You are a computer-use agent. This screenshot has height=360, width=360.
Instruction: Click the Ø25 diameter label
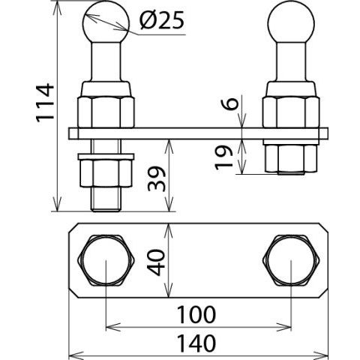point(162,19)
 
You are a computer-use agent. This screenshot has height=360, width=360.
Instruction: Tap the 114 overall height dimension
point(45,103)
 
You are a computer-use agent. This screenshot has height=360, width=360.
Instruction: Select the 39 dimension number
point(157,178)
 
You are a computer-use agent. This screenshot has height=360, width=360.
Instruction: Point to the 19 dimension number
point(224,157)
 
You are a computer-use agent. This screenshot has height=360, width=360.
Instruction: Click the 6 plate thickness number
point(229,103)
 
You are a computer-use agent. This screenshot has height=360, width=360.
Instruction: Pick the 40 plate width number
point(156,262)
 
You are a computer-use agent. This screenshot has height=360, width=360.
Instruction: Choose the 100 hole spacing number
point(196,314)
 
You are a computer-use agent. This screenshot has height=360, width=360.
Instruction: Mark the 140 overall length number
point(196,343)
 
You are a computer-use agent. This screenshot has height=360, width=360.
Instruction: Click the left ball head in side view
point(106,22)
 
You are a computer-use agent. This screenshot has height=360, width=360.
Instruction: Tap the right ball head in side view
point(291,22)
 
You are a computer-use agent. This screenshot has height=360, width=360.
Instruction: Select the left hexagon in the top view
point(106,260)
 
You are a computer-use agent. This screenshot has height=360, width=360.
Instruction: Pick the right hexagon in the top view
point(291,260)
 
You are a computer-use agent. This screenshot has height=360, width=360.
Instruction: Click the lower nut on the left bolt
point(106,173)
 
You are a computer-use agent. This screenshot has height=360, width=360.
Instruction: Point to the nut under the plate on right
point(291,158)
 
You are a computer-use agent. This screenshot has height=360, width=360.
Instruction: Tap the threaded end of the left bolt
point(106,199)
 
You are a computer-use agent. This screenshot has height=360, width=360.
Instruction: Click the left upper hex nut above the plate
point(106,112)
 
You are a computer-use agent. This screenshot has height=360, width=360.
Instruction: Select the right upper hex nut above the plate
point(291,112)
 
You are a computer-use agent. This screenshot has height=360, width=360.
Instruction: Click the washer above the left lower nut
point(106,157)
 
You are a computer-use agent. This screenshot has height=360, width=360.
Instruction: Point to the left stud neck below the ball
point(106,61)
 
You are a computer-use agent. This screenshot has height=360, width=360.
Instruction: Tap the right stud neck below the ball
point(291,61)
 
